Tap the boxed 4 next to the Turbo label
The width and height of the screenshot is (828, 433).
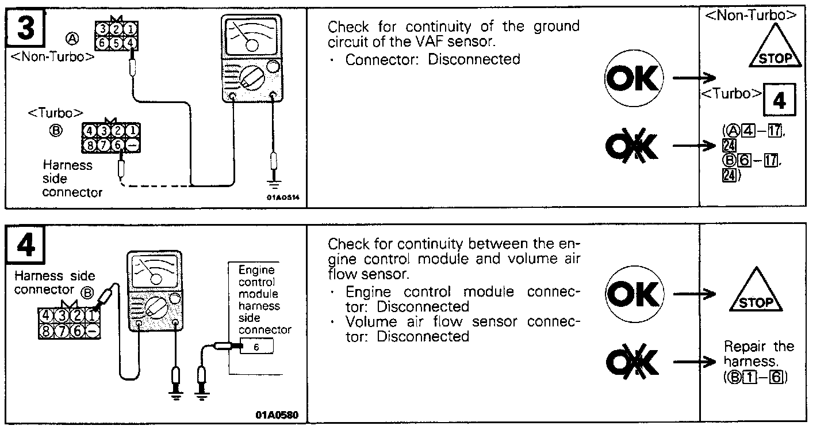[779, 101]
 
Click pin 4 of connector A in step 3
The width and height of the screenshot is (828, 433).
[132, 42]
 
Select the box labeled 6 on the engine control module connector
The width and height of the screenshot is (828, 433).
[256, 347]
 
